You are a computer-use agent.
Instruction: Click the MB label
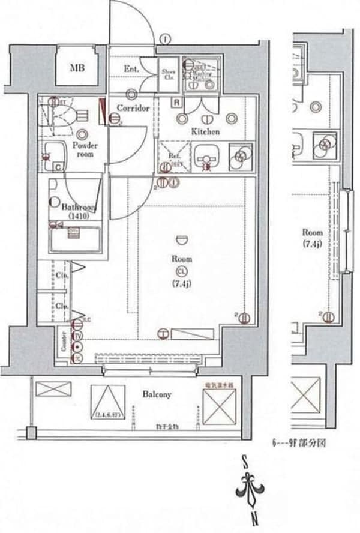tap(76, 67)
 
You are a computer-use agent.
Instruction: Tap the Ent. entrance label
tap(131, 70)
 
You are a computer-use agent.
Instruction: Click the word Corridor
tap(133, 109)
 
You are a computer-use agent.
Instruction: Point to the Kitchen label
tap(205, 131)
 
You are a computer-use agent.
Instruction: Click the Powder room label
tap(85, 149)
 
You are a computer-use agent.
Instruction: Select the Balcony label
tap(157, 394)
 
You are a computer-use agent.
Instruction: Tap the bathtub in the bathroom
tap(75, 241)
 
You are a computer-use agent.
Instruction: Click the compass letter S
tap(245, 460)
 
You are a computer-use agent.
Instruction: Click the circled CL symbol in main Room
tap(181, 271)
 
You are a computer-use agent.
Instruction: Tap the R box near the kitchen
tap(176, 102)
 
